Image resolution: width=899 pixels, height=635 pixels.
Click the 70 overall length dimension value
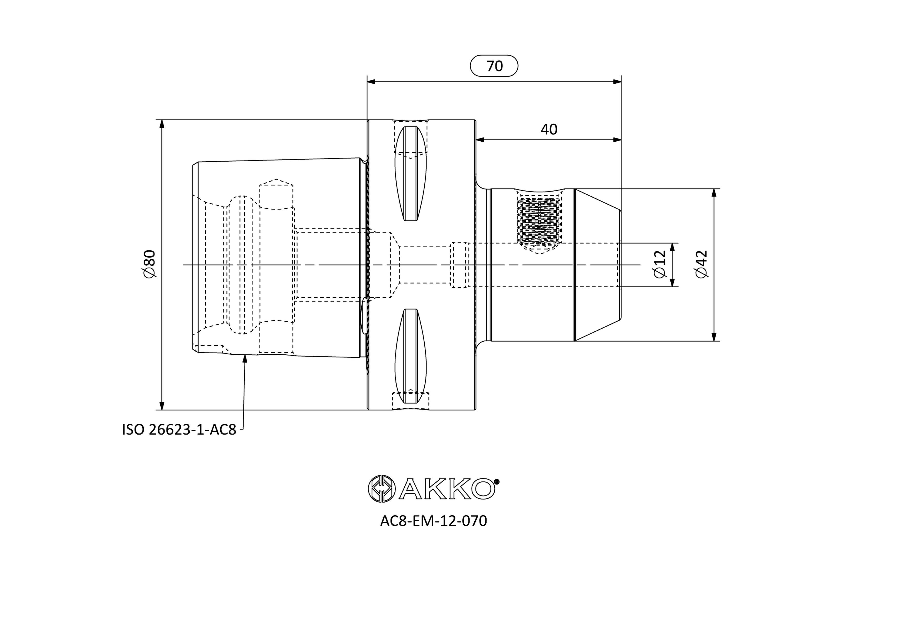click(x=495, y=66)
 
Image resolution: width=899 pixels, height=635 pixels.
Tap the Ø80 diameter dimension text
click(x=150, y=264)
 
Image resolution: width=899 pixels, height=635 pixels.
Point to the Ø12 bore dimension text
click(x=660, y=264)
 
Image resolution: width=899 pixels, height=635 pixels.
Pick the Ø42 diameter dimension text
click(x=702, y=264)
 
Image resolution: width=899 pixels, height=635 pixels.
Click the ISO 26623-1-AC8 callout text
click(x=179, y=430)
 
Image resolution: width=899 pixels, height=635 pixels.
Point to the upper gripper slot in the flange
click(x=410, y=174)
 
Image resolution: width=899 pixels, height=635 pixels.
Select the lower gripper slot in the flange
click(x=410, y=356)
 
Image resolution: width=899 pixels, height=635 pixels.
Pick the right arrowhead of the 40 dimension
click(x=617, y=140)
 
